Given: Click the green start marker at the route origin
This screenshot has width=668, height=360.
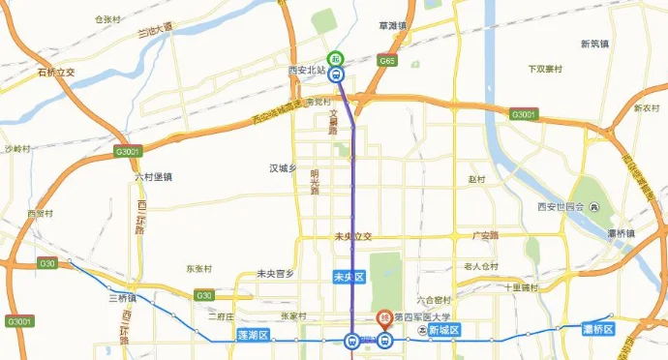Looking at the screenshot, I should (x=335, y=58).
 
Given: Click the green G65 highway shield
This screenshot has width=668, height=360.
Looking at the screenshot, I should (x=388, y=61).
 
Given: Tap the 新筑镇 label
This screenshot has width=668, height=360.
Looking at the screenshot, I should (x=593, y=44).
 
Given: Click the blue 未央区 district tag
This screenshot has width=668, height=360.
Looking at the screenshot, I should (x=347, y=276).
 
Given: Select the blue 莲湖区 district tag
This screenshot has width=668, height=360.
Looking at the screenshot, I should (x=252, y=334).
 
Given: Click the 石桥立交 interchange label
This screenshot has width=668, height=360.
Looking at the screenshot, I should (x=56, y=72).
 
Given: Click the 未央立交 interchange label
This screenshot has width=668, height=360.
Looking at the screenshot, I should (x=352, y=235).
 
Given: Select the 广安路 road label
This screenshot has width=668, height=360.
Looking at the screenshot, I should (x=484, y=235).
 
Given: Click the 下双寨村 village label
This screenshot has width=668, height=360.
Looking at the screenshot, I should (x=545, y=69).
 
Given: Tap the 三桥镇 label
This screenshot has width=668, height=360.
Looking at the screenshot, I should (x=123, y=296).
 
